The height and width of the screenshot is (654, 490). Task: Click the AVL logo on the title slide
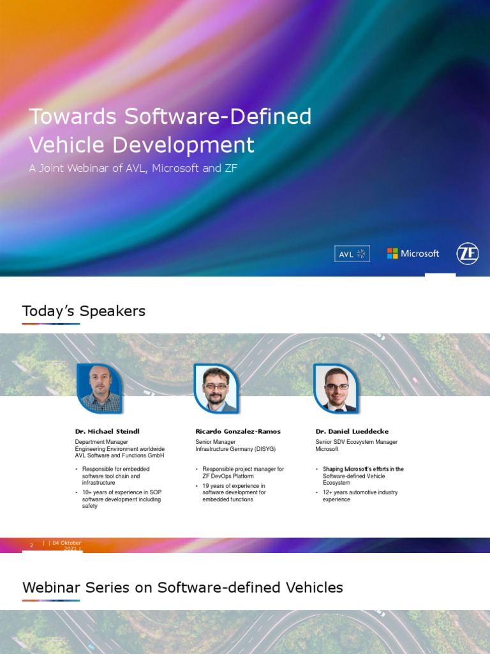tap(352, 254)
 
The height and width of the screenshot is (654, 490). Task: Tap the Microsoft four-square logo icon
tap(392, 254)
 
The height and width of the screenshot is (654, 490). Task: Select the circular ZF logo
tap(468, 254)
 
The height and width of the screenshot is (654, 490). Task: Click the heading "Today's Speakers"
tap(84, 311)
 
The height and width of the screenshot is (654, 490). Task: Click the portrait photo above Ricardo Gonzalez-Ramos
tap(216, 388)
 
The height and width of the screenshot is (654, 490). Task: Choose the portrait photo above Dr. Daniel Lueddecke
tap(336, 388)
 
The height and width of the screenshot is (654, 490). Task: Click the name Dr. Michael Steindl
tap(107, 431)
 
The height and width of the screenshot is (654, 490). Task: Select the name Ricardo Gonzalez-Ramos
tap(237, 431)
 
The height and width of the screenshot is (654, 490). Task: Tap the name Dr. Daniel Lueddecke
tap(352, 431)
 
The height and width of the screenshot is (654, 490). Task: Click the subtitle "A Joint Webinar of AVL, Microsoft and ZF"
tap(133, 169)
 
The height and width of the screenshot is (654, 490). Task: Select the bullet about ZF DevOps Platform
tap(242, 473)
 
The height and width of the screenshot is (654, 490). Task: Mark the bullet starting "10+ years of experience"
tap(121, 499)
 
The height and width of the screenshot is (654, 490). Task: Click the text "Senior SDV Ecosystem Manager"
tap(356, 442)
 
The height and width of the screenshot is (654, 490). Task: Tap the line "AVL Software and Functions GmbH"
tap(119, 455)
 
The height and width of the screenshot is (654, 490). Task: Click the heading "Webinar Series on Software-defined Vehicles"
tap(182, 588)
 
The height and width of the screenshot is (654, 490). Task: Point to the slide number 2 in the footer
tap(31, 545)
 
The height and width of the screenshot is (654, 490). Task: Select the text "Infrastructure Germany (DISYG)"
tap(235, 449)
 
